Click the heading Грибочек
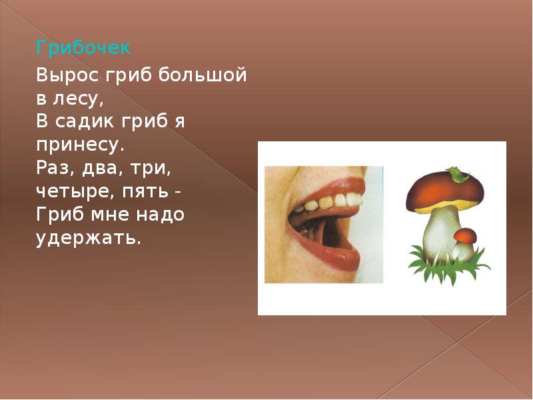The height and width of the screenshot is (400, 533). pyautogui.click(x=83, y=49)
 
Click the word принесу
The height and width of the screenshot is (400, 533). pyautogui.click(x=81, y=145)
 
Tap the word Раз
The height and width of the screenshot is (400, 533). pyautogui.click(x=53, y=168)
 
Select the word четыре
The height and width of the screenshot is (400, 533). pyautogui.click(x=67, y=192)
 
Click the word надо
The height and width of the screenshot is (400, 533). pyautogui.click(x=157, y=215)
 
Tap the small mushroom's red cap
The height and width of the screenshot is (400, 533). pyautogui.click(x=465, y=235)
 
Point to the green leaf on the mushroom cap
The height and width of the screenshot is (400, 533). pyautogui.click(x=458, y=175)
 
